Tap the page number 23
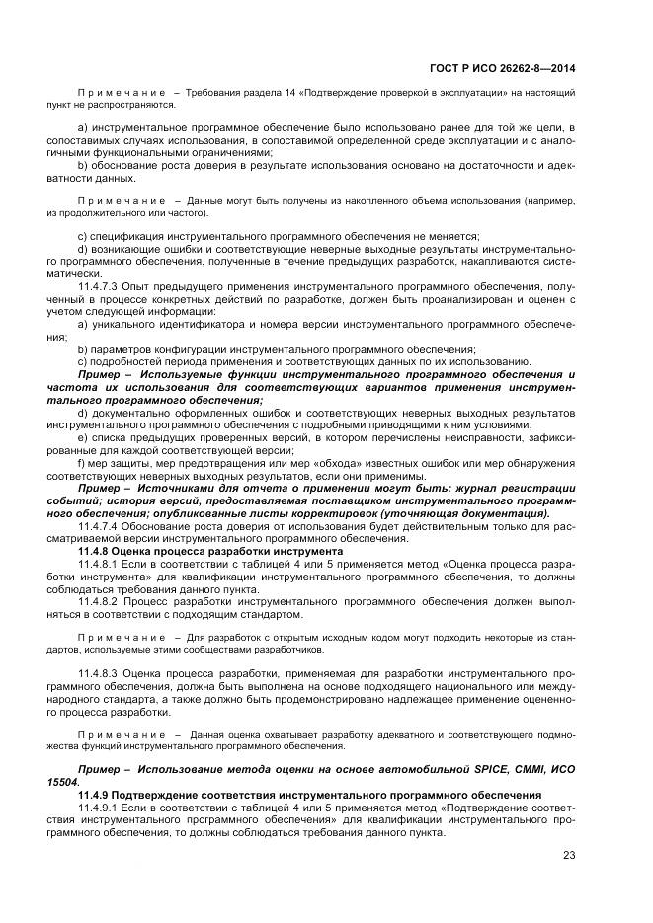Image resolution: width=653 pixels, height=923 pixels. (x=569, y=855)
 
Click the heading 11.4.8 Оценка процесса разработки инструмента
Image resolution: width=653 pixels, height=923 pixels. (x=210, y=551)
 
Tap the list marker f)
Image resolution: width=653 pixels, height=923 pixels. (x=82, y=465)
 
